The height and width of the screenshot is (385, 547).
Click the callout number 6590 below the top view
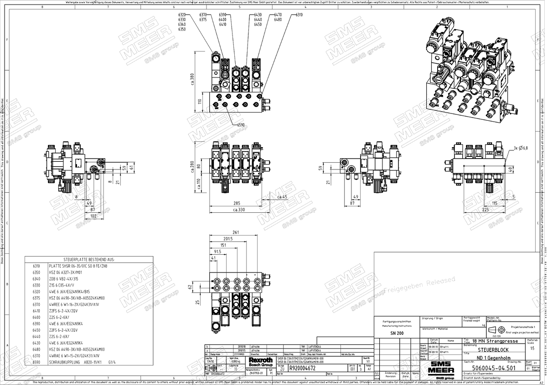241,124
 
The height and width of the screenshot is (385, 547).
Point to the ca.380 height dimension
192,79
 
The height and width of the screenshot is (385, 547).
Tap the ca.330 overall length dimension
239,210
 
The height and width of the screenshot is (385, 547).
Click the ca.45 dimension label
282,197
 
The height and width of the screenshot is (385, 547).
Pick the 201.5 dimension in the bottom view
228,238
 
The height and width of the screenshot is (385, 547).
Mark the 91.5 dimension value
217,251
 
